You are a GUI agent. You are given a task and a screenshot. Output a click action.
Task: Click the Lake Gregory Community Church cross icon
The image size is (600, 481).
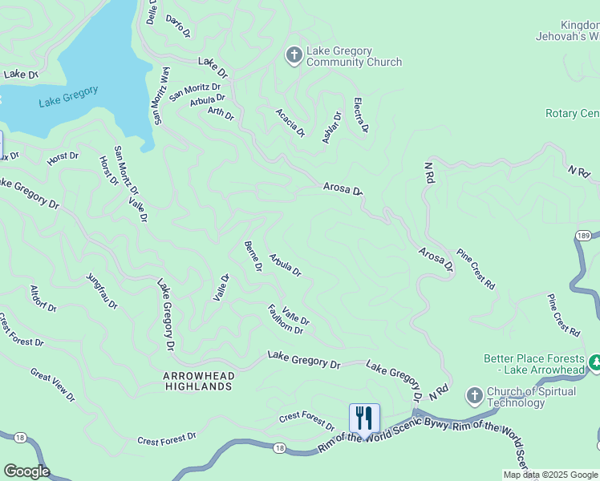[294, 55]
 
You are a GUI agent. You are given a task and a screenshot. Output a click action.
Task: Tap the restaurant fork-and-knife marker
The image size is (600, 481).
[364, 418]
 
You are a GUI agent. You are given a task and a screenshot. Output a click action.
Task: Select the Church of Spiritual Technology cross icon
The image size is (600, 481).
[475, 396]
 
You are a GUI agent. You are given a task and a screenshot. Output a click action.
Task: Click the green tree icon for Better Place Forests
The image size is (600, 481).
[595, 363]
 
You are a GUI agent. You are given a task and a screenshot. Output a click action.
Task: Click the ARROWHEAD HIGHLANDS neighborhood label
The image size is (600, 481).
[197, 380]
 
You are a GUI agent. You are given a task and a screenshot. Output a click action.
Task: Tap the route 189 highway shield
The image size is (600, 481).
[583, 234]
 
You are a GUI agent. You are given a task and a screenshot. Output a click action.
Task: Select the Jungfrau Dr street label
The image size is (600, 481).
[102, 292]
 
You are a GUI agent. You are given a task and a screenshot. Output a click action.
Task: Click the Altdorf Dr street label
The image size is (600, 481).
[43, 298]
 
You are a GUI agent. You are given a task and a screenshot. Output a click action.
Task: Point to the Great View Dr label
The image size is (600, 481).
[52, 385]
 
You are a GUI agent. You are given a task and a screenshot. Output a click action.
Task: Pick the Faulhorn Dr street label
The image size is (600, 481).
[286, 319]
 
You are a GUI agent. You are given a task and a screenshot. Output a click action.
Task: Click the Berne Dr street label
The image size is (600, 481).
[253, 257]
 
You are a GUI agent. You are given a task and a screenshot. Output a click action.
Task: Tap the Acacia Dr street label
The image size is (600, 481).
[290, 123]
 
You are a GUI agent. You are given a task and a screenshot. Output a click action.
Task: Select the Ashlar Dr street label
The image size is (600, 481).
[331, 127]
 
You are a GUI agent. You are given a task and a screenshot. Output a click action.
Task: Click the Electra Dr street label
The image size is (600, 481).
[361, 115]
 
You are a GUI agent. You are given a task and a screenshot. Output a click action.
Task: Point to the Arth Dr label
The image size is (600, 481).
[221, 114]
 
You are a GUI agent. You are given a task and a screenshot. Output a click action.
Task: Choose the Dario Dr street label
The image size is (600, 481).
[178, 26]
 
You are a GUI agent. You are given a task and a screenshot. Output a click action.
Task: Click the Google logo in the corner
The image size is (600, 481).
[26, 471]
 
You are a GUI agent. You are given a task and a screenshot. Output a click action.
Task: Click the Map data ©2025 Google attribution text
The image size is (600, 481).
[550, 475]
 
